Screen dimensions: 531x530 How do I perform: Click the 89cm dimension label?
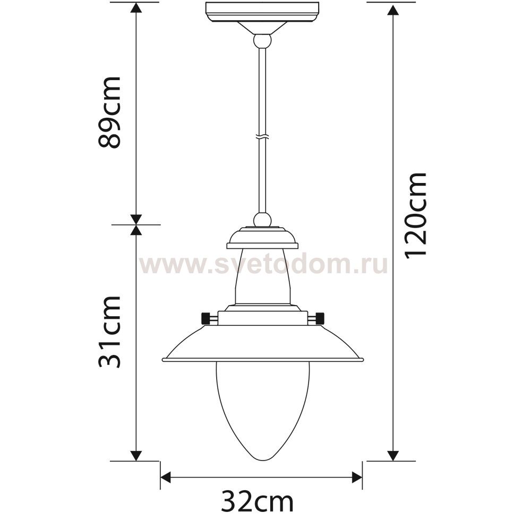click(x=109, y=112)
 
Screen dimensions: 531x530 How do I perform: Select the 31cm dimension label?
click(x=109, y=332)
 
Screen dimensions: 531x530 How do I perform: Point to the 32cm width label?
click(x=257, y=501)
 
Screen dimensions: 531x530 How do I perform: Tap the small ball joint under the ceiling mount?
click(x=262, y=40)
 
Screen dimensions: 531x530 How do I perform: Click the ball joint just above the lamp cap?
click(x=262, y=219)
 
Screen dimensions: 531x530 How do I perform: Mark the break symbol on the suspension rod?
click(x=262, y=137)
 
